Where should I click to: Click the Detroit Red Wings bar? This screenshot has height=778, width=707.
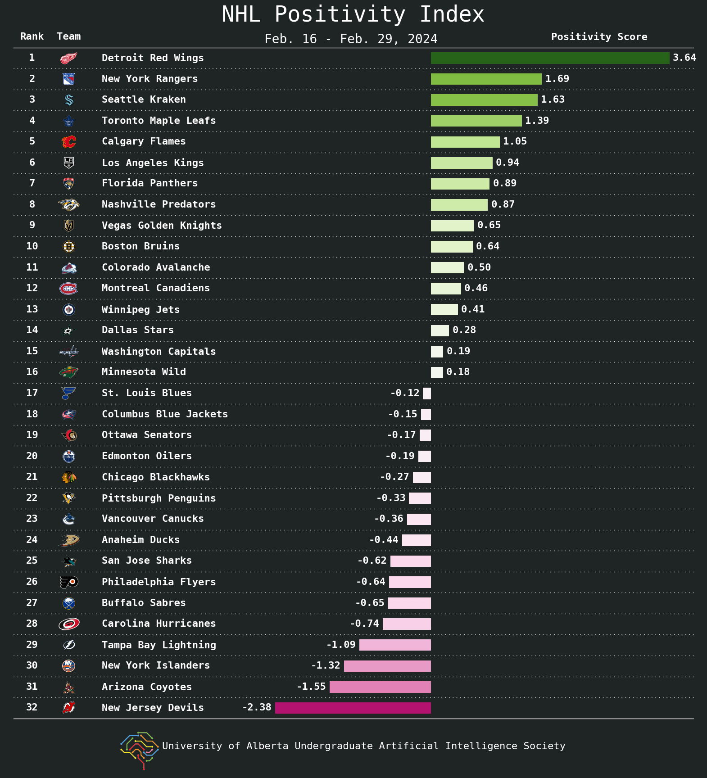tap(550, 58)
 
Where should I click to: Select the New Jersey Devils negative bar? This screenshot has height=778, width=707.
tap(353, 708)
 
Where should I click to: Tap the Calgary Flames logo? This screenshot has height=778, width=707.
tap(69, 141)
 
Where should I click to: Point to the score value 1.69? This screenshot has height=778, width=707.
tap(557, 79)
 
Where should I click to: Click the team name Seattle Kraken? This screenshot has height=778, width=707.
tap(144, 100)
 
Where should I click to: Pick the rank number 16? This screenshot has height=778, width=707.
tap(32, 372)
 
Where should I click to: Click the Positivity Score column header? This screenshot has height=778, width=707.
tap(599, 37)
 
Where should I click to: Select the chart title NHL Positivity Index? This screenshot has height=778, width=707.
tap(353, 14)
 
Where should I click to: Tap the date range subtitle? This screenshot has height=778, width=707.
tap(351, 39)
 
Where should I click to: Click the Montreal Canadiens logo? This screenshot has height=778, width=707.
tap(69, 288)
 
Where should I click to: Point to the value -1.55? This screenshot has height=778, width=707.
tap(311, 687)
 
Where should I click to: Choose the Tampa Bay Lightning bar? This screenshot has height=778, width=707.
tap(395, 645)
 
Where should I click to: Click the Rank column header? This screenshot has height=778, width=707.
tap(32, 36)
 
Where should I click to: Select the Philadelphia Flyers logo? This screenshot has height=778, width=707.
tap(69, 582)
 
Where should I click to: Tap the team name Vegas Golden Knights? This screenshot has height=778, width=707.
tap(162, 226)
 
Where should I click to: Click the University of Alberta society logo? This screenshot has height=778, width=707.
tap(140, 750)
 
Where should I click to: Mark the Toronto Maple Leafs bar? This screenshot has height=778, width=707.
tap(476, 121)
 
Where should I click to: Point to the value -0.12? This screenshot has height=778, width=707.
tap(405, 393)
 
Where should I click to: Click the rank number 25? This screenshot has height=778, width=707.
tap(32, 561)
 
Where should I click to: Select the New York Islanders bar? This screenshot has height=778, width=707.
tap(387, 666)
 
